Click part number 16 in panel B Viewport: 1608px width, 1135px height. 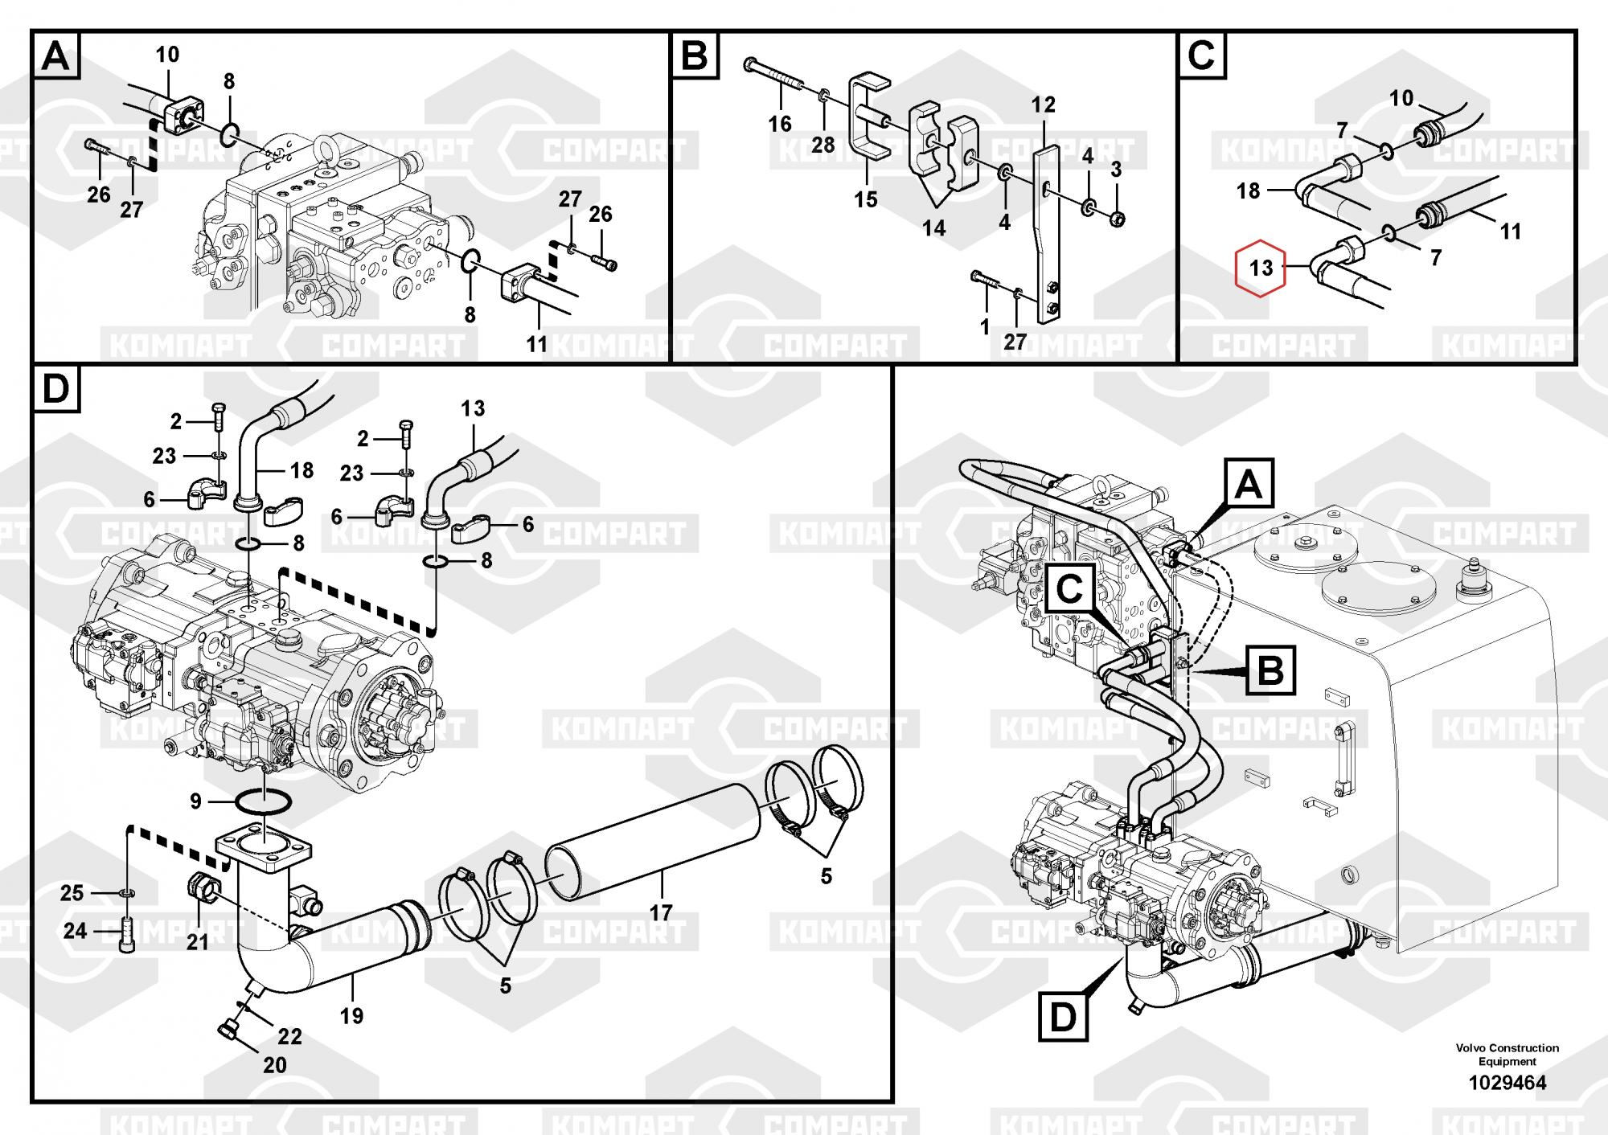pyautogui.click(x=780, y=123)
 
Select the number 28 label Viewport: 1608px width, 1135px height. pyautogui.click(x=823, y=145)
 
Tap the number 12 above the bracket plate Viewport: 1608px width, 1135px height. pyautogui.click(x=1043, y=104)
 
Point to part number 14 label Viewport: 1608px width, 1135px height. pyautogui.click(x=933, y=228)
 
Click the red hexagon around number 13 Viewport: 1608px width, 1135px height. pyautogui.click(x=1261, y=267)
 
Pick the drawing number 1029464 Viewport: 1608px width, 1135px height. pyautogui.click(x=1507, y=1082)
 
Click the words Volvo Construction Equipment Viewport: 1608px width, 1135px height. pyautogui.click(x=1507, y=1054)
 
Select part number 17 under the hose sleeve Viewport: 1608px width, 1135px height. pyautogui.click(x=661, y=912)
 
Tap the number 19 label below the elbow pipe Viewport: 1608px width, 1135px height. pyautogui.click(x=351, y=1015)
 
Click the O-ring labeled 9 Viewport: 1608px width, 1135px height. pyautogui.click(x=263, y=801)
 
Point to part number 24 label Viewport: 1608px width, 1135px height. pyautogui.click(x=75, y=931)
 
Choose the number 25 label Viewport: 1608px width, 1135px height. pyautogui.click(x=72, y=892)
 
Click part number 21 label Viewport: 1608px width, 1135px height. pyautogui.click(x=197, y=941)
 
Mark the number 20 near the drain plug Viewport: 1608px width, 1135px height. pyautogui.click(x=275, y=1065)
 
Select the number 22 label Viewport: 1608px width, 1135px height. pyautogui.click(x=289, y=1036)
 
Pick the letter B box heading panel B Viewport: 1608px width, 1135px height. pyautogui.click(x=694, y=56)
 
